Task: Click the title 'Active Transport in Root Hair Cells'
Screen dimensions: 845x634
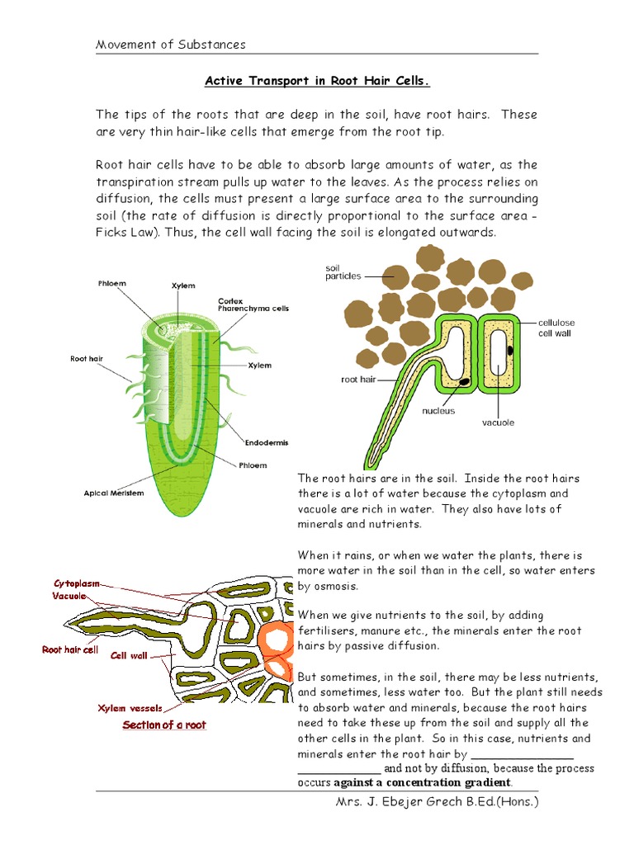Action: (317, 81)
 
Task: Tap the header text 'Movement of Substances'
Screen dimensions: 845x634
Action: (171, 45)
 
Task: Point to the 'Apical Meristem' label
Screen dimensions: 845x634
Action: (114, 493)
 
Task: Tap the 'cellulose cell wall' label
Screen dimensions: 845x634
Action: (555, 328)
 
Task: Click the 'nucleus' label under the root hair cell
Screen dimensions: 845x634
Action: (438, 410)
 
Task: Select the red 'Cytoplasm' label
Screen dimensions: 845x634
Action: (77, 583)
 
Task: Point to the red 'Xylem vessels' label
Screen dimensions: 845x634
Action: (130, 708)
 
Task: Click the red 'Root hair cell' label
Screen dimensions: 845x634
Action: (70, 649)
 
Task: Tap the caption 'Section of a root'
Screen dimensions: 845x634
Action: (164, 725)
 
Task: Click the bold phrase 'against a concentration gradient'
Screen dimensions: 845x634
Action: (435, 782)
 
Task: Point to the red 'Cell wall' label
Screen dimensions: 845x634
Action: (129, 656)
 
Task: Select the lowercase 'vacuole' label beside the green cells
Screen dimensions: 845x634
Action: (498, 422)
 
